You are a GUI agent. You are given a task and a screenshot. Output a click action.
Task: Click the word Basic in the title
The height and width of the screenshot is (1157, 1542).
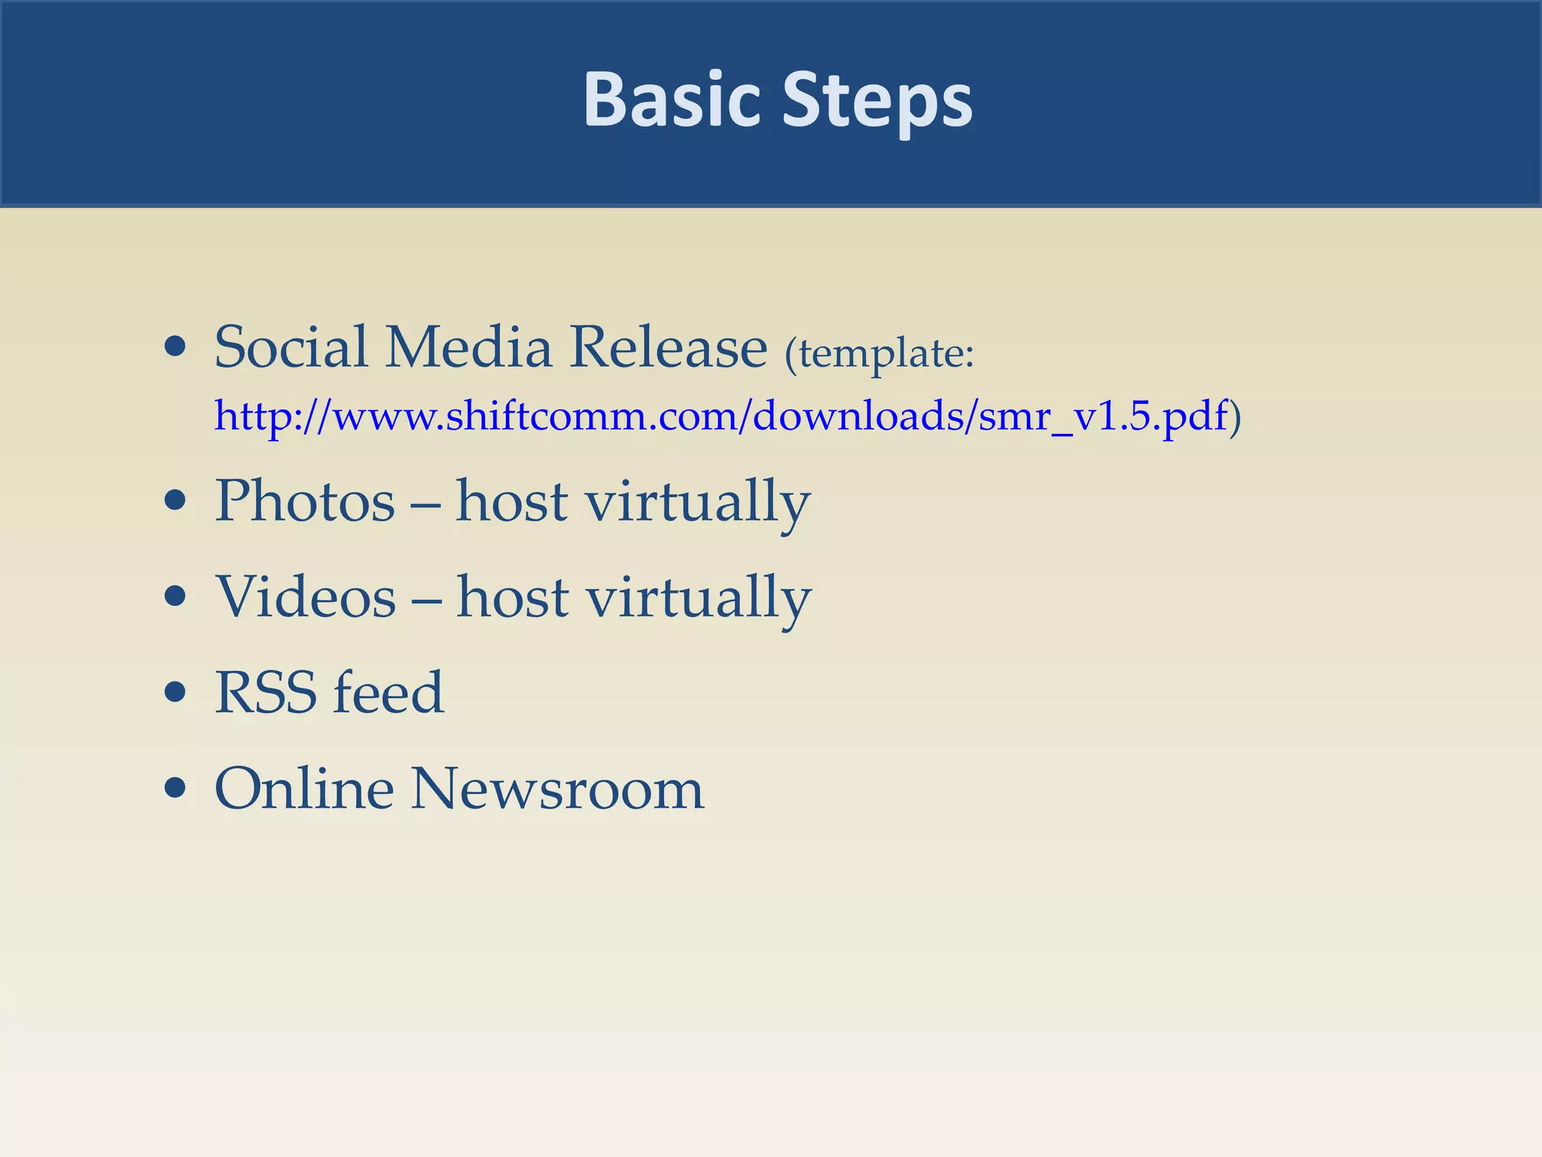click(x=672, y=100)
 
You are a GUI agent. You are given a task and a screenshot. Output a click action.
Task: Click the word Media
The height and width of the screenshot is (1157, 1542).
click(x=468, y=347)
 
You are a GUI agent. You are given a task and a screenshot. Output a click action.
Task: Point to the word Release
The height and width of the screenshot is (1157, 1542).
click(x=668, y=347)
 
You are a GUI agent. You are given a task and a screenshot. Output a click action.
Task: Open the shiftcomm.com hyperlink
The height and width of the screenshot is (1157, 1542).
click(x=721, y=416)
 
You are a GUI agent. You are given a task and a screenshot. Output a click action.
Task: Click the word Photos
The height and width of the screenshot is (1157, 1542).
click(x=305, y=502)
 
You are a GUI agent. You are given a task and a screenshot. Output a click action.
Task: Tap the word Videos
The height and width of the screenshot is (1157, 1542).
click(x=306, y=597)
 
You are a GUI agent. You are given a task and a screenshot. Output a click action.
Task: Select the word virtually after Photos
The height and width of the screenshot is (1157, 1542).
click(x=698, y=503)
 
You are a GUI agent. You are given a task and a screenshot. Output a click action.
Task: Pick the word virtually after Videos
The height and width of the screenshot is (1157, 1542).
click(x=699, y=599)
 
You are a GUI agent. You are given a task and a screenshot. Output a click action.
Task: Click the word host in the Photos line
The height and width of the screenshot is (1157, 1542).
click(x=511, y=502)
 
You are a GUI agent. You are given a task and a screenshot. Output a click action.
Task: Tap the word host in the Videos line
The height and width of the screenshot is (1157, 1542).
click(x=512, y=597)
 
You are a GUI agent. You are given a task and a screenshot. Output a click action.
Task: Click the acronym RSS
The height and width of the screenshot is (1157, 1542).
click(x=266, y=692)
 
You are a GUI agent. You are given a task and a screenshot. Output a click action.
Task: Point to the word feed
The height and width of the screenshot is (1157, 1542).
click(x=389, y=692)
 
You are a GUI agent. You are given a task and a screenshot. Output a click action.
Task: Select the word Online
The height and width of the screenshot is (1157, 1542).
click(x=304, y=789)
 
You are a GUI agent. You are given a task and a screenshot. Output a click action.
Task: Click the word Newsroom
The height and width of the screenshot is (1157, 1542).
click(x=557, y=789)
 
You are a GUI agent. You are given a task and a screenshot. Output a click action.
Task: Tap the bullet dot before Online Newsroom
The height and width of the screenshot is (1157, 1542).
click(x=175, y=789)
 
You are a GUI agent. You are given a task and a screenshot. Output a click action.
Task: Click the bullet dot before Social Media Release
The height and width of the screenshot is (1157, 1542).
click(x=175, y=347)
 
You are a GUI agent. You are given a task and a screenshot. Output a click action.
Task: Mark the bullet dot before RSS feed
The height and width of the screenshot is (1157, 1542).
click(x=175, y=692)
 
